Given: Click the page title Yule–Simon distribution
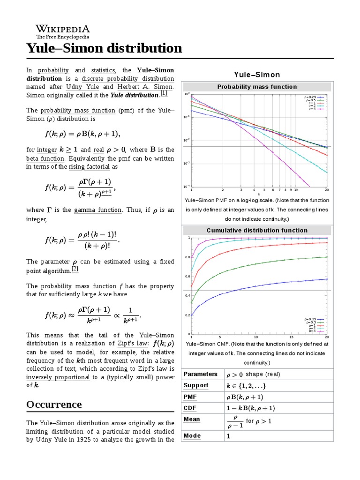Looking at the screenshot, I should click(x=104, y=48).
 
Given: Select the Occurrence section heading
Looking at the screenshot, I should click(x=54, y=404).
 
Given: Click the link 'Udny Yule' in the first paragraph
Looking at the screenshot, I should click(x=83, y=87).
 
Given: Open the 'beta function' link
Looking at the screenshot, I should click(x=45, y=158).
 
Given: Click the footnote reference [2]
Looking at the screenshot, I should click(x=75, y=270).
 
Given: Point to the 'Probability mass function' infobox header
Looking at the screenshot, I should click(x=257, y=87).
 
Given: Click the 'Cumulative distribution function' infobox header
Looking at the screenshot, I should click(x=257, y=230).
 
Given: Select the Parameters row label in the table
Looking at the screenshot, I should click(x=200, y=374).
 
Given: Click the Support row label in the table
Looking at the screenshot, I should click(x=196, y=385).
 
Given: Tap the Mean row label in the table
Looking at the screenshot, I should click(x=192, y=420).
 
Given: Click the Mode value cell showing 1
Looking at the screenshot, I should click(x=229, y=436).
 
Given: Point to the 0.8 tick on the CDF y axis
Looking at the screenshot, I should click(x=187, y=257).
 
